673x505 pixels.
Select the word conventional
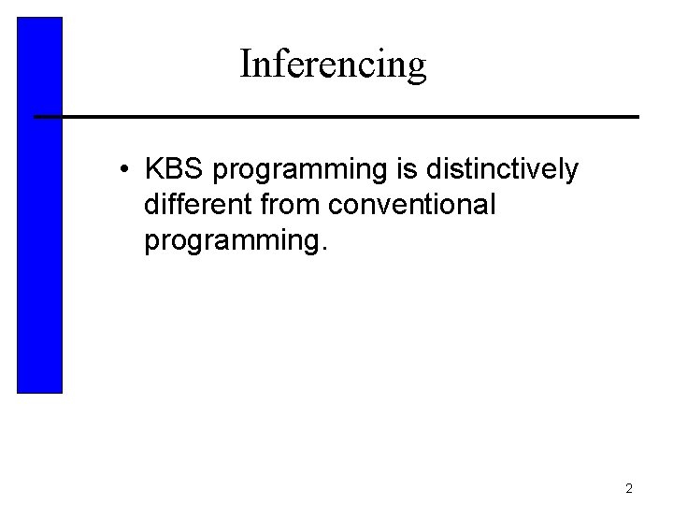point(413,205)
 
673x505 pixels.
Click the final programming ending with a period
point(237,241)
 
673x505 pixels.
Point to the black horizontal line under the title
point(336,117)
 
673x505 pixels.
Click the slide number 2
point(629,488)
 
